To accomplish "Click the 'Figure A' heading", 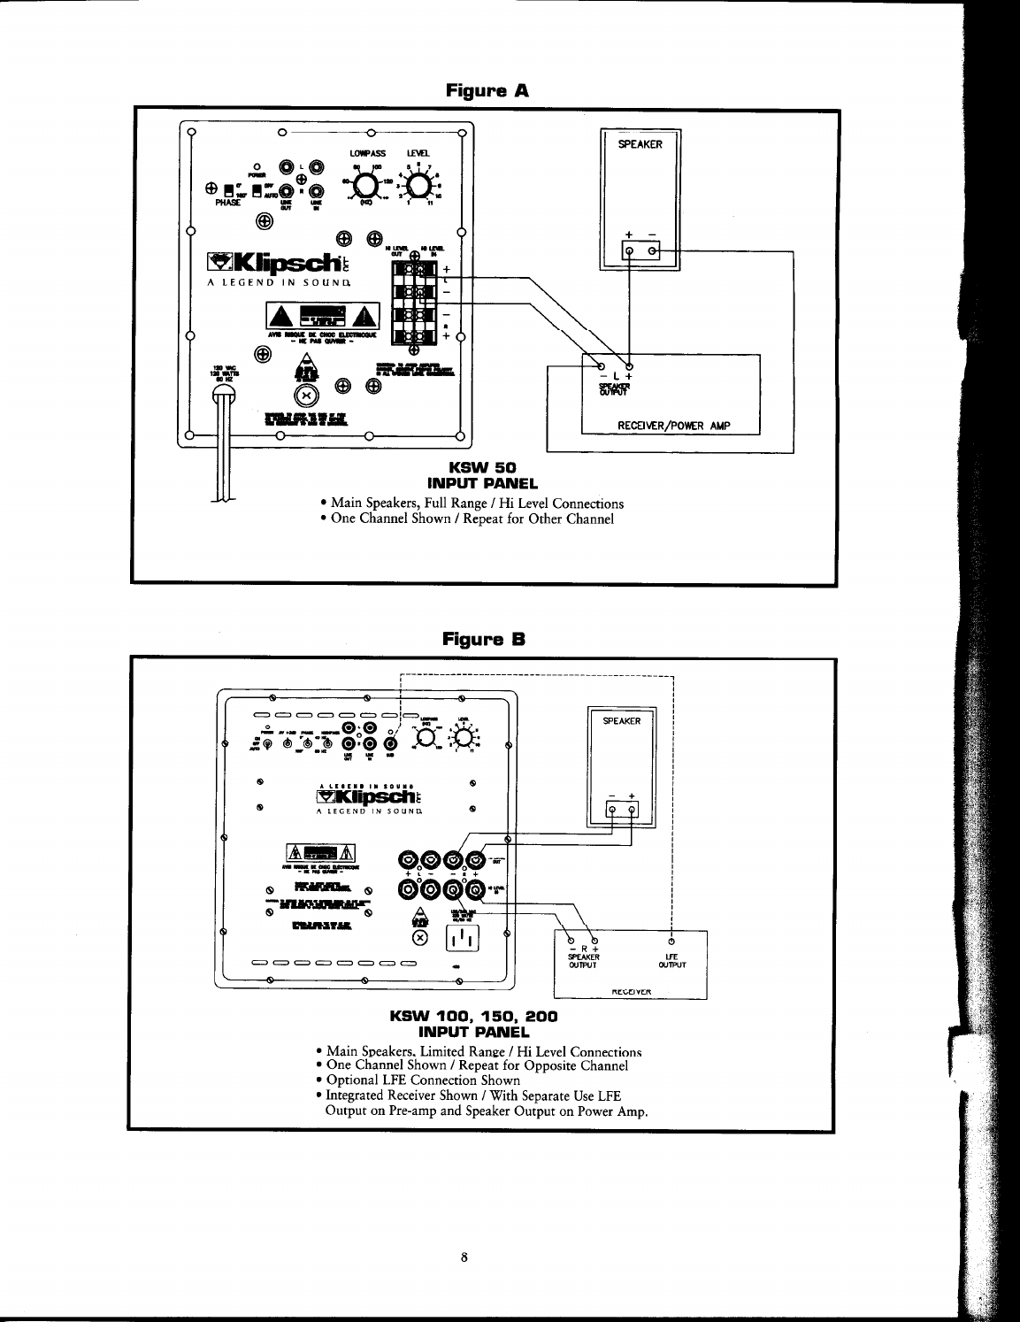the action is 486,90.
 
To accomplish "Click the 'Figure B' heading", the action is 486,637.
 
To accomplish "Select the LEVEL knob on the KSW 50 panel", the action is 418,185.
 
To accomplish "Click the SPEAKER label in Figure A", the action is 640,144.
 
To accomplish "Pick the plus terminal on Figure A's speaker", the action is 629,252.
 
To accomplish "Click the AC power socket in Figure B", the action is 459,939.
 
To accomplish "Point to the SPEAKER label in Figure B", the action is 621,721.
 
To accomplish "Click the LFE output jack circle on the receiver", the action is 671,941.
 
